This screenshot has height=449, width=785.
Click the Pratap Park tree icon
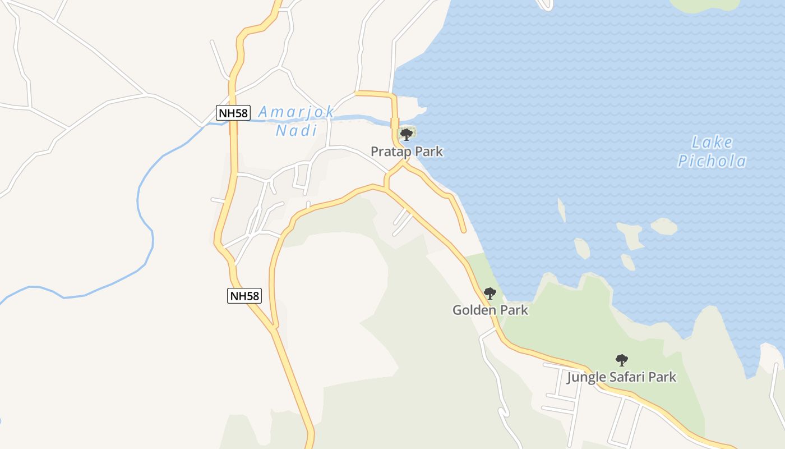pyautogui.click(x=407, y=134)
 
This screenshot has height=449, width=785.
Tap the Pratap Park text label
pyautogui.click(x=407, y=152)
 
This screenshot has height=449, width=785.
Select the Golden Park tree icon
pyautogui.click(x=490, y=293)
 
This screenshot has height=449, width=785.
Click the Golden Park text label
pyautogui.click(x=490, y=310)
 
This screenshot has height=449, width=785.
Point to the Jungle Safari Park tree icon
pyautogui.click(x=621, y=360)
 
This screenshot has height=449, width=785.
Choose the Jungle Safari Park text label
pyautogui.click(x=621, y=377)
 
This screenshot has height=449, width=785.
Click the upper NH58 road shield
pyautogui.click(x=233, y=113)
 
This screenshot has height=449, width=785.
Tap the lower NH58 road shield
pyautogui.click(x=244, y=296)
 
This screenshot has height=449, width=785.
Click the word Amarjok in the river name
pyautogui.click(x=296, y=112)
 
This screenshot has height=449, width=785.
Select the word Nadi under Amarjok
pyautogui.click(x=296, y=131)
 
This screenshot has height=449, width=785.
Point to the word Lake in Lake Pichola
pyautogui.click(x=712, y=142)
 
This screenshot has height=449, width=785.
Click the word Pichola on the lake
pyautogui.click(x=712, y=162)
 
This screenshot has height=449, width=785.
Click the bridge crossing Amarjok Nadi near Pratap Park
pyautogui.click(x=394, y=122)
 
